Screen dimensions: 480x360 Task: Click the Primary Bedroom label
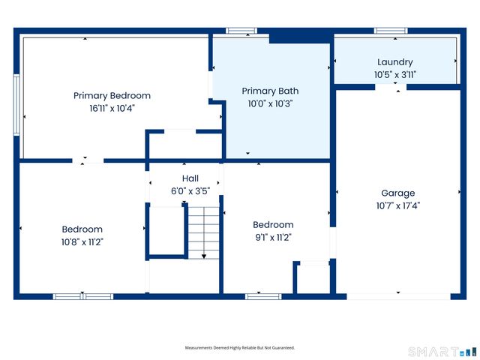[112, 96]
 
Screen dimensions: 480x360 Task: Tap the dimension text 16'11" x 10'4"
[112, 108]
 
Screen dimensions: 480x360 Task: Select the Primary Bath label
[270, 91]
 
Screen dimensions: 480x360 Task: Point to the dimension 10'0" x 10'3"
[270, 103]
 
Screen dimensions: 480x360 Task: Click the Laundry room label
[395, 62]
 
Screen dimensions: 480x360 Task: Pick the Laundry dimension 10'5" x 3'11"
[395, 75]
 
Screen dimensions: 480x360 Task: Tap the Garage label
[398, 193]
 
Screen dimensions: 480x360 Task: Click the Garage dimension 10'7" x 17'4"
[398, 205]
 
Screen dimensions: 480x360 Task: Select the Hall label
[190, 178]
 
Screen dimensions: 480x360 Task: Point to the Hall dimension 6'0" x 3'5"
[190, 191]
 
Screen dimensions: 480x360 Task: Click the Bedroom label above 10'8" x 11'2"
[82, 229]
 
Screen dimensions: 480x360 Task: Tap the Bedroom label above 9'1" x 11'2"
[273, 225]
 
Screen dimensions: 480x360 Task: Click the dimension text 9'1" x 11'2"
[273, 238]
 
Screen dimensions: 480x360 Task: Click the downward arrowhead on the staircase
[204, 256]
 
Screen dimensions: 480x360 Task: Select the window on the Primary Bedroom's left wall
[16, 105]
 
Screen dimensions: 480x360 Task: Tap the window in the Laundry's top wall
[391, 31]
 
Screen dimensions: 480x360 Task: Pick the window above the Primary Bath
[241, 31]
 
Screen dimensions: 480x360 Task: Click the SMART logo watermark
[442, 352]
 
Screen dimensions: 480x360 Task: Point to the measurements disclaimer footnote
[240, 348]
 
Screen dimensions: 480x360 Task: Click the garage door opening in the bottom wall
[398, 297]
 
